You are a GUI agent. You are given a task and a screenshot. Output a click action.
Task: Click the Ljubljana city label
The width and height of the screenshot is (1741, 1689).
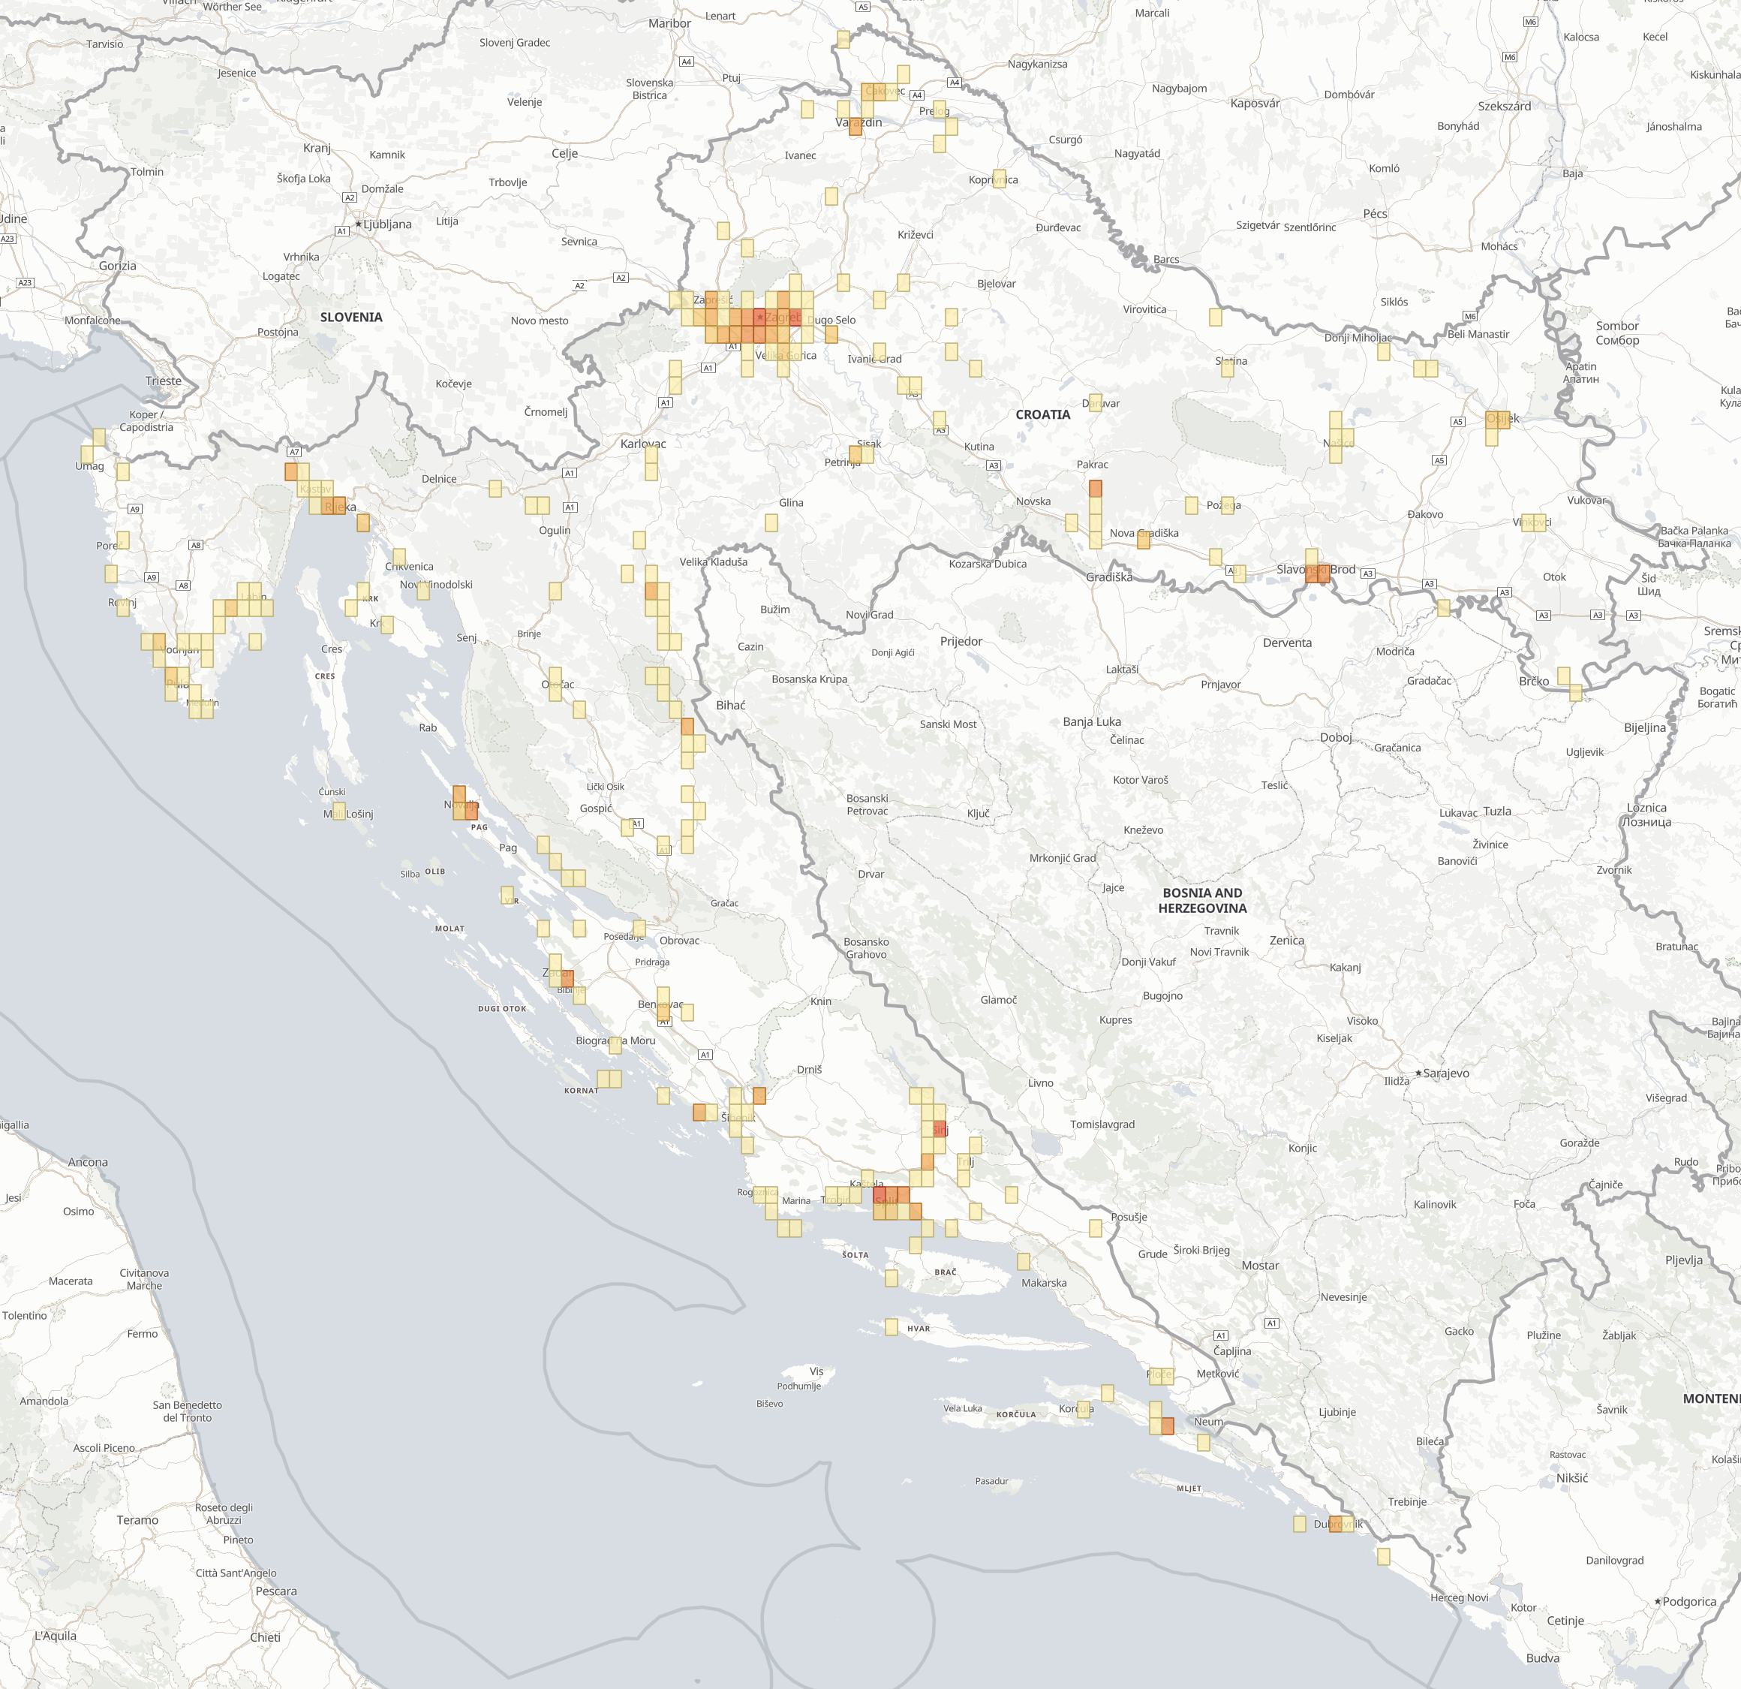tap(387, 224)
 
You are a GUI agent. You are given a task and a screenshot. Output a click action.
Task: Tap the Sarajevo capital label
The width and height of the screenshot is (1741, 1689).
tap(1446, 1073)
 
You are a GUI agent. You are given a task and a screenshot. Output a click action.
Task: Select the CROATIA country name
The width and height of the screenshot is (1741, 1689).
tap(1043, 414)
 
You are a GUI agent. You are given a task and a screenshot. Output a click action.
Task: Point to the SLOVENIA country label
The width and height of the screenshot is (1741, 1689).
tap(351, 318)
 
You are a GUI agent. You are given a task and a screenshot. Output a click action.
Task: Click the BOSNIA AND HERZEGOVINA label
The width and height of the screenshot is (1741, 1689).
tap(1202, 900)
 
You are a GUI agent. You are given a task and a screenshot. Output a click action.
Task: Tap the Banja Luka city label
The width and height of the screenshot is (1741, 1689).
tap(1092, 721)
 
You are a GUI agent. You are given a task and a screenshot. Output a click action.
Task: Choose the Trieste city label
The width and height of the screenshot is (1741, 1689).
tap(164, 381)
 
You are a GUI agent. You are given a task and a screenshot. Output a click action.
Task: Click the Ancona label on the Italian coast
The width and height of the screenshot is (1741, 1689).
tap(88, 1162)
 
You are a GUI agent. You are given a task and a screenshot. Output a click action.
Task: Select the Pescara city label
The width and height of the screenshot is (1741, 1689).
tap(276, 1591)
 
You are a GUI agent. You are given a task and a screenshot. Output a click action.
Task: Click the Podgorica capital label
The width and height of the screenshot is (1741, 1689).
tap(1688, 1601)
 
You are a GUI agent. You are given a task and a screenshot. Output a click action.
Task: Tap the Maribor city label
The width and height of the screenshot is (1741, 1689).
tap(669, 23)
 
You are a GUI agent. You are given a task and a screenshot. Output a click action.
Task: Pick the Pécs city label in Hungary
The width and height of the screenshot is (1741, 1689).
tap(1374, 213)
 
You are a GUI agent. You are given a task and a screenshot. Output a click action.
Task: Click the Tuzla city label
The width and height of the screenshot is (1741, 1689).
tap(1496, 811)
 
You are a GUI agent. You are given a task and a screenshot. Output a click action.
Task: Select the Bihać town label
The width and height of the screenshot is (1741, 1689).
tap(730, 705)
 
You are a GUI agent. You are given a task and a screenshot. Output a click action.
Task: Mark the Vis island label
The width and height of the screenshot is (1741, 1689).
tap(816, 1371)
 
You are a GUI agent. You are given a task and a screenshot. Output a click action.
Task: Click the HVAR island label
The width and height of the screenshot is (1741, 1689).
tap(919, 1328)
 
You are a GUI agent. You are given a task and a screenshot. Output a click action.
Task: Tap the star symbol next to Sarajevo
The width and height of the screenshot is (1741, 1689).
tap(1418, 1073)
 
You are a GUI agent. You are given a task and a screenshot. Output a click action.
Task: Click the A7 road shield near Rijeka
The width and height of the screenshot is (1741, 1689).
tap(294, 452)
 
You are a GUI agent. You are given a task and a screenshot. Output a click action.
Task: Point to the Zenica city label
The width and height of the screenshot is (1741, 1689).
tap(1286, 940)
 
